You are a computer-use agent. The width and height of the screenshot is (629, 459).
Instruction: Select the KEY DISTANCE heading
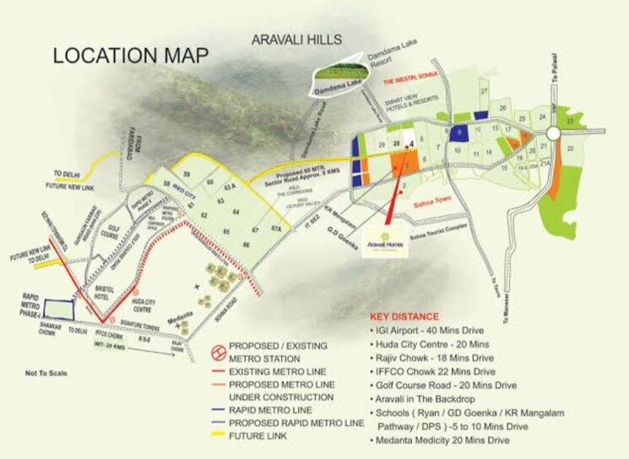pyautogui.click(x=412, y=317)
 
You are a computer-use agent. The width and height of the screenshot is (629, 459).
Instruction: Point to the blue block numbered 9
pyautogui.click(x=458, y=133)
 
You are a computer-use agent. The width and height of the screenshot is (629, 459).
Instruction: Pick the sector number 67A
pyautogui.click(x=275, y=229)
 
